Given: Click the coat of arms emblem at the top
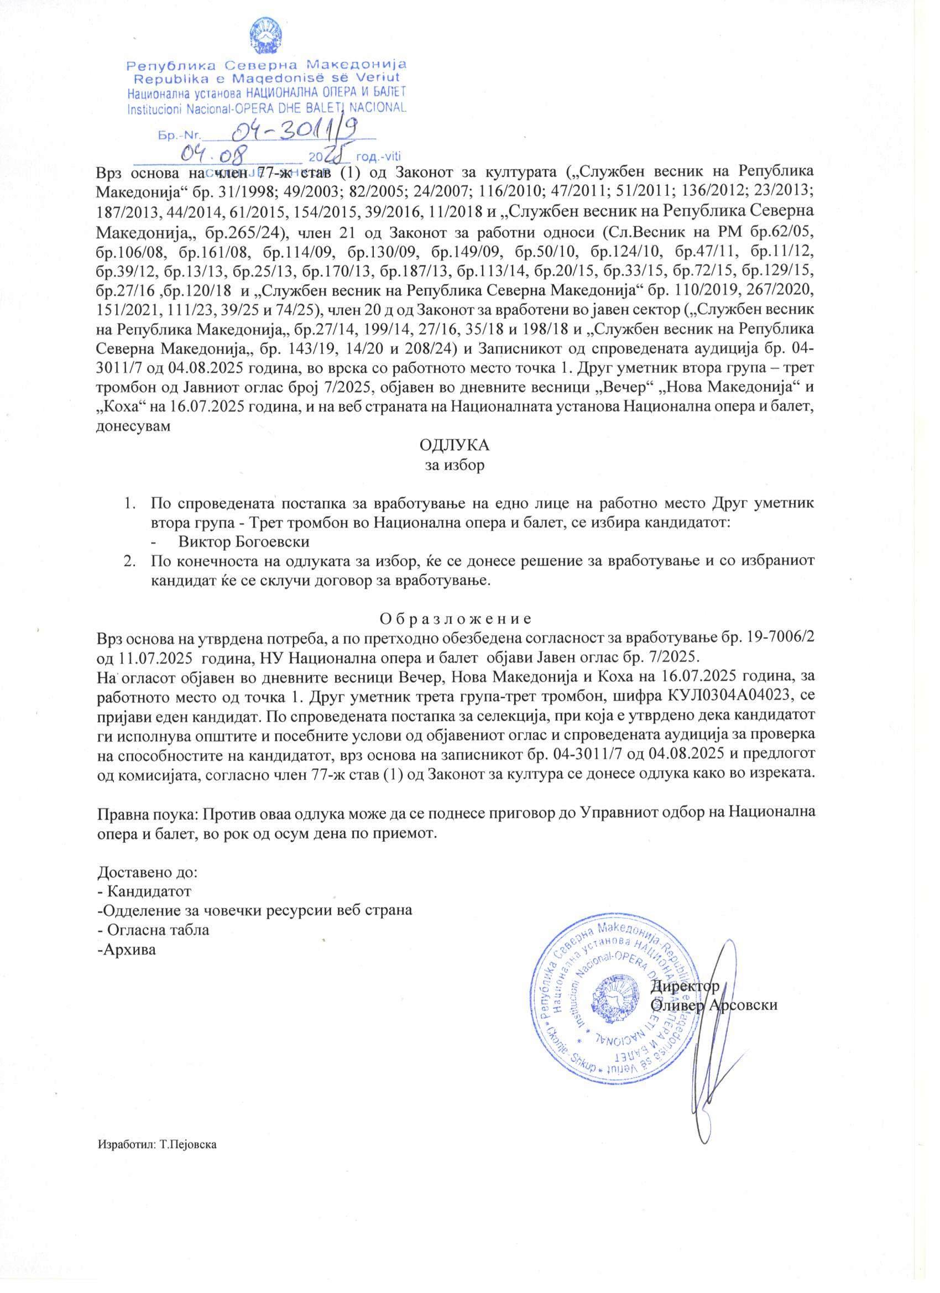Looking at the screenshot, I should [x=268, y=35].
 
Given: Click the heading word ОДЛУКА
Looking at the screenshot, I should [x=455, y=445].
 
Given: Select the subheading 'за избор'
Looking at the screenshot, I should [x=455, y=465].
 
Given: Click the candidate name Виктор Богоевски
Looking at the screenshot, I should [x=247, y=540].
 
